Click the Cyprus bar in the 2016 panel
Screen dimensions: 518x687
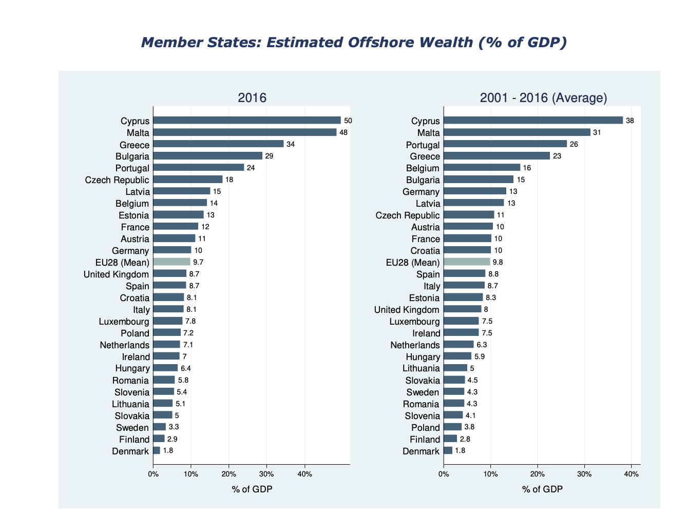(x=246, y=121)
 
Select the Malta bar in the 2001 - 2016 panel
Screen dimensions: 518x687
(x=517, y=132)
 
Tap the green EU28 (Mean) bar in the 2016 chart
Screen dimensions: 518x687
(x=171, y=262)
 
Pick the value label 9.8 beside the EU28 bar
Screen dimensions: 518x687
(x=498, y=262)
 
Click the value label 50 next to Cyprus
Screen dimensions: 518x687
(x=348, y=121)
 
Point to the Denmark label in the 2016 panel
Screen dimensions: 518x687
(x=130, y=451)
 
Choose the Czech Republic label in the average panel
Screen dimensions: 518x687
(x=408, y=215)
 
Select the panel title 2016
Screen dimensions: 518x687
(x=252, y=97)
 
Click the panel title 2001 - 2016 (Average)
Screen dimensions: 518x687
(x=543, y=97)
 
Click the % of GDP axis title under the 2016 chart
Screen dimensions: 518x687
(x=252, y=489)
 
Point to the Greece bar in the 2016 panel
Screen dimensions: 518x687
(x=218, y=144)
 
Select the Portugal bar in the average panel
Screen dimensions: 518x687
(x=505, y=144)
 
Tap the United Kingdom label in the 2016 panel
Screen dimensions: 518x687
(x=117, y=274)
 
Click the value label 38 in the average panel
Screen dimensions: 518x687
(x=630, y=121)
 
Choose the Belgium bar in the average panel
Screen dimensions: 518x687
(x=482, y=168)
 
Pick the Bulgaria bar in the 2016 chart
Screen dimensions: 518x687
(x=207, y=156)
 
